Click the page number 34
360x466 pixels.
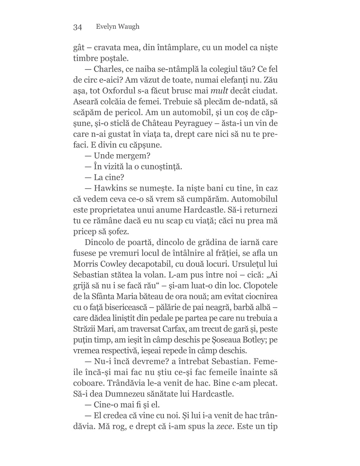click(77, 27)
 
